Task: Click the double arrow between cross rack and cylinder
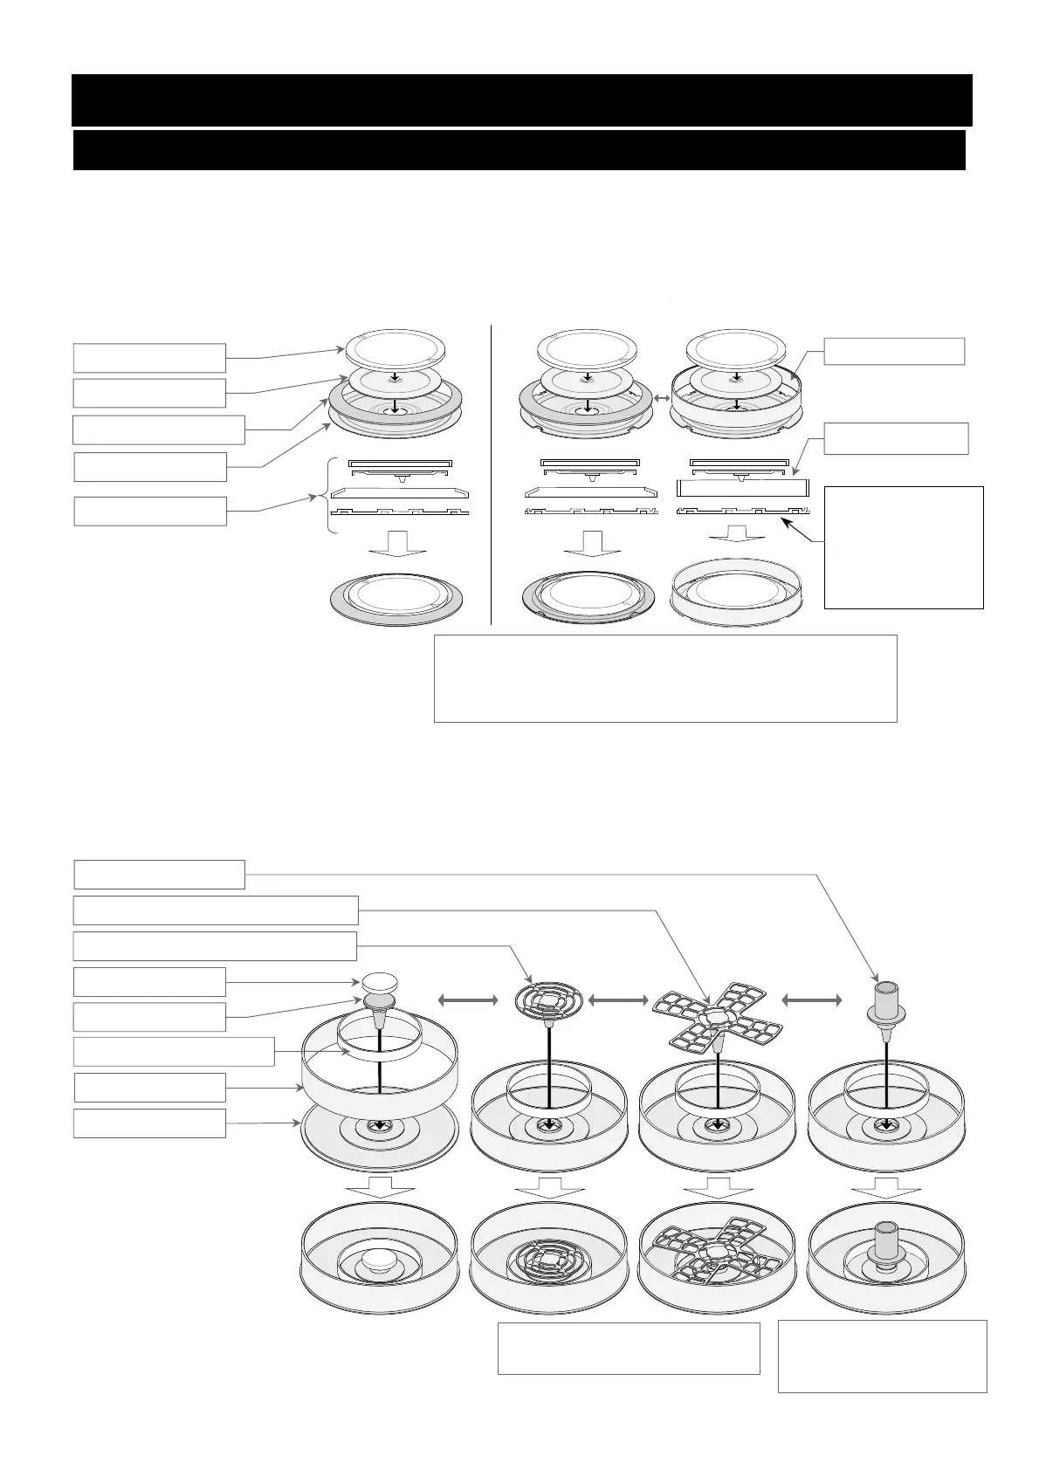812,1000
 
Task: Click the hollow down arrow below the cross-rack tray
718,1189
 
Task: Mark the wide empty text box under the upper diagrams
665,678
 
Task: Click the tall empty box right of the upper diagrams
904,546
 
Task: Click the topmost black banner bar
521,100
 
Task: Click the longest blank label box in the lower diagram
216,910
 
